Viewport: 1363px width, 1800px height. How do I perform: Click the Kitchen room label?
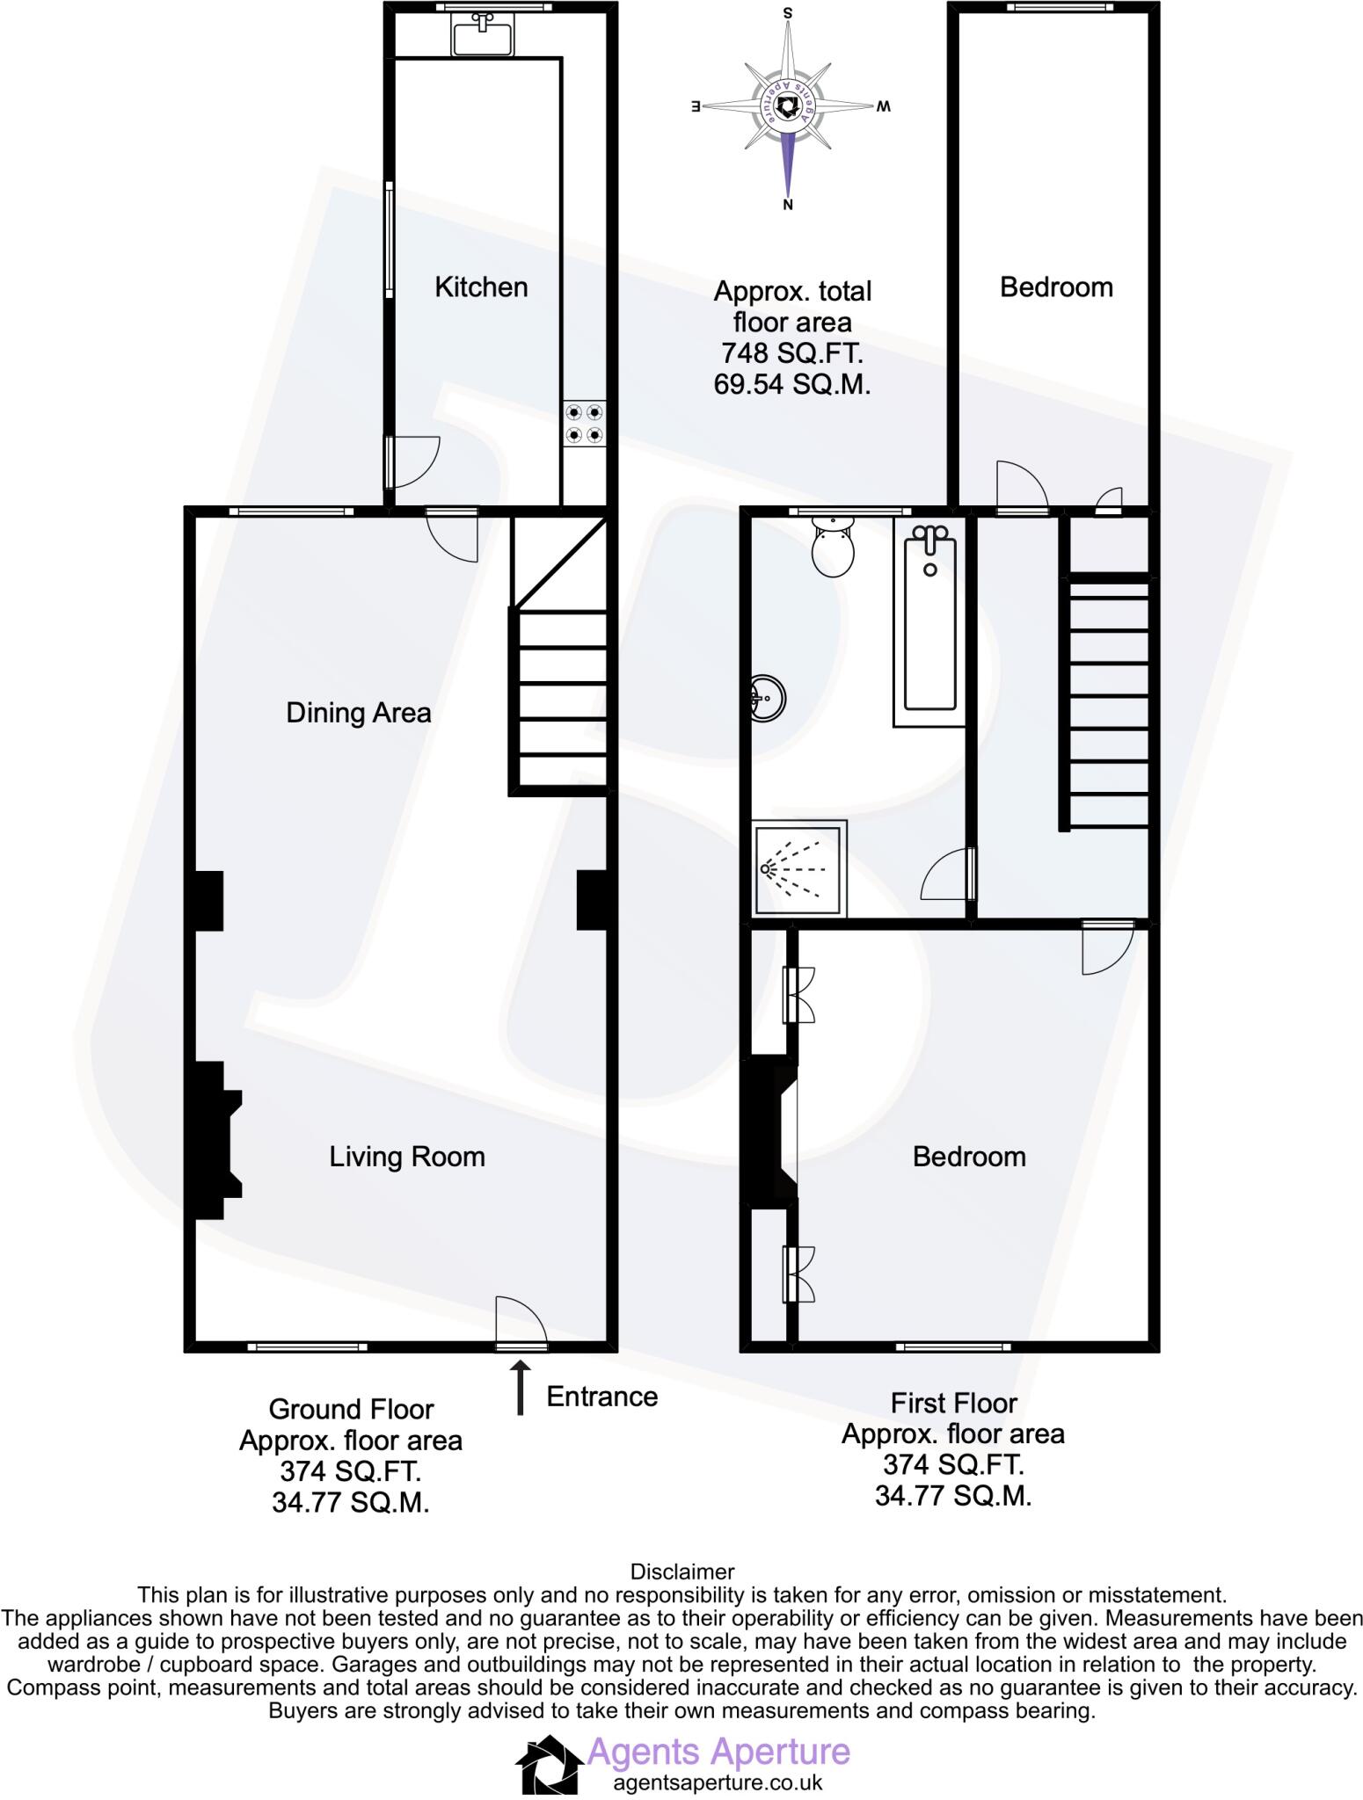coord(481,287)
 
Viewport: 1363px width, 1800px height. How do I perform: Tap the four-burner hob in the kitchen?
coord(585,423)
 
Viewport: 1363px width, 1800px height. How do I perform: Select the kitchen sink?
coord(482,37)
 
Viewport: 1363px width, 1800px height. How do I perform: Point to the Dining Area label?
coord(359,712)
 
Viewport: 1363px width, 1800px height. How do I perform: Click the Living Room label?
coord(407,1156)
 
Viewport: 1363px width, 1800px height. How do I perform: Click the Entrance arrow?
coord(521,1388)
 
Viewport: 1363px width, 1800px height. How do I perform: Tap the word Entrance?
coord(601,1397)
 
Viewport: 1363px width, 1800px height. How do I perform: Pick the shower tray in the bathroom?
coord(798,868)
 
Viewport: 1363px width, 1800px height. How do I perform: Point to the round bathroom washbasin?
coord(768,699)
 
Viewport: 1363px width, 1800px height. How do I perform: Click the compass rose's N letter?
coord(788,206)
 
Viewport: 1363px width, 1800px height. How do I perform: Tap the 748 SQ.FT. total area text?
coord(791,353)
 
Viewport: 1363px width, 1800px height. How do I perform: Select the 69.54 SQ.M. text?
coord(791,385)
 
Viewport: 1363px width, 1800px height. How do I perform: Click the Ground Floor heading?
coord(351,1409)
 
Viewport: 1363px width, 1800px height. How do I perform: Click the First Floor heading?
coord(953,1403)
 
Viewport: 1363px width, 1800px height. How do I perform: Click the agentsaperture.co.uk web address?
coord(717,1782)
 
